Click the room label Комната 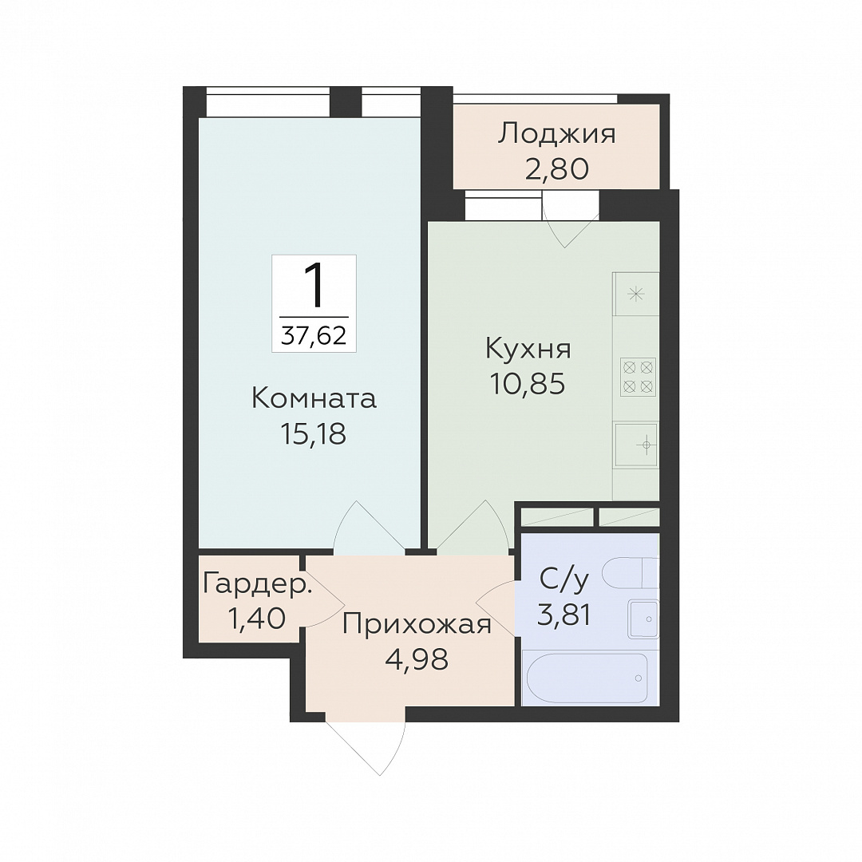coord(314,399)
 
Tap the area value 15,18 coord(314,434)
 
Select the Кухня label coord(528,349)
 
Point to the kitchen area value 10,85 coord(528,384)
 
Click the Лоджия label coord(557,135)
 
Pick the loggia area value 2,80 coord(557,168)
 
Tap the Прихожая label coord(417,624)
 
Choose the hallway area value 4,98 coord(417,659)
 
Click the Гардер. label coord(257,583)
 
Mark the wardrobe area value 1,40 coord(256,617)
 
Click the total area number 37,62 coord(314,334)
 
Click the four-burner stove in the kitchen coord(638,377)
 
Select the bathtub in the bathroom coord(587,678)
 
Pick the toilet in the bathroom coord(631,572)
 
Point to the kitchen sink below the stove coord(637,445)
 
